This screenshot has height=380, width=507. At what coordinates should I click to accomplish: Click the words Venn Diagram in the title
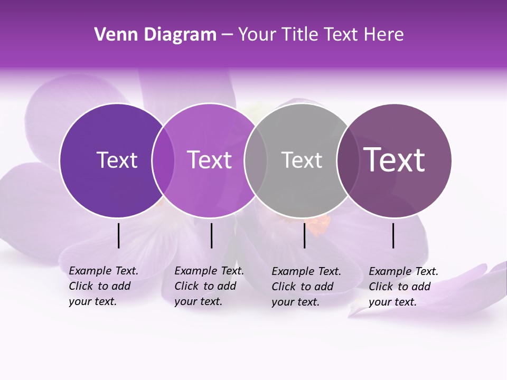click(155, 35)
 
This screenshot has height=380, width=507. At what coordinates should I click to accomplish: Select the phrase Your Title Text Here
click(321, 35)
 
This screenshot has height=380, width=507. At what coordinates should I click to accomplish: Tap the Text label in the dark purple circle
click(117, 160)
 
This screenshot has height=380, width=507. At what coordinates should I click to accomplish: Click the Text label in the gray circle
click(302, 160)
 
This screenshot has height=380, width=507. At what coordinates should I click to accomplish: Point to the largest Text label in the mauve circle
click(395, 160)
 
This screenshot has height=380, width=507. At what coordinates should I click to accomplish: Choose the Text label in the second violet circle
click(210, 160)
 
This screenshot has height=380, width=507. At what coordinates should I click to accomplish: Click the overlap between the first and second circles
click(163, 160)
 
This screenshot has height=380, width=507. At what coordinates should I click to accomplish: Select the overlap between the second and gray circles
click(255, 160)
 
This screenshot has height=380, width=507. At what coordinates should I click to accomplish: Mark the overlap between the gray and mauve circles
click(348, 160)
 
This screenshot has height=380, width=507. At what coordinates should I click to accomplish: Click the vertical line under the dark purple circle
click(118, 235)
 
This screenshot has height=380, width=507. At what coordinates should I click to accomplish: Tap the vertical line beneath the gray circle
click(304, 235)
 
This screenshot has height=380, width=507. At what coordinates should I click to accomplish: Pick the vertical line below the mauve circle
click(393, 235)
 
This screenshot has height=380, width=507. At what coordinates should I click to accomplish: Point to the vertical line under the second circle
click(211, 235)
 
